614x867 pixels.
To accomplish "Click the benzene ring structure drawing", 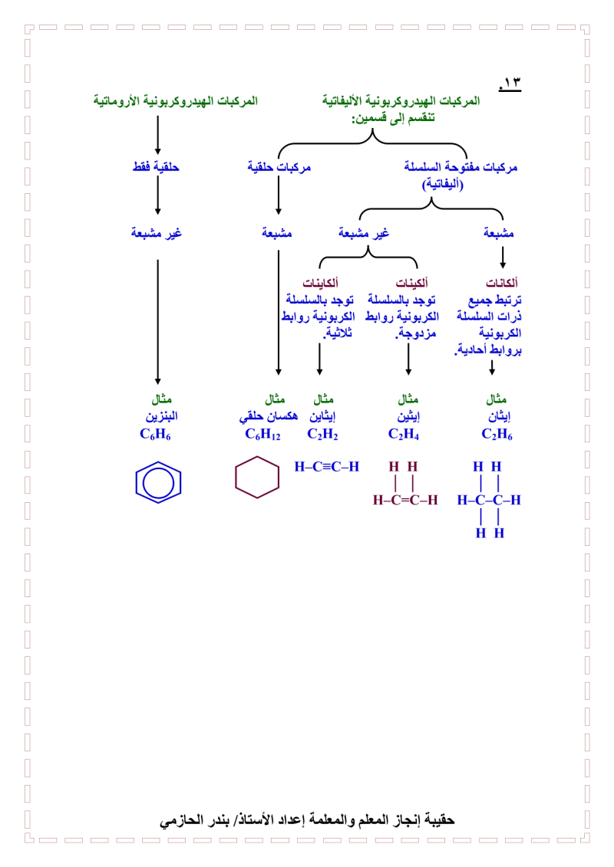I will (158, 481).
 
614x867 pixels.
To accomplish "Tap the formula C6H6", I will (155, 435).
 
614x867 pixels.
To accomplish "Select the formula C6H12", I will (262, 435).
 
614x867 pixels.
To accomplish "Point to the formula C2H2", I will (322, 435).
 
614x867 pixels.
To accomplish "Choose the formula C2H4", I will (404, 435).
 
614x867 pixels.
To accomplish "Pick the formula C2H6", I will (497, 435).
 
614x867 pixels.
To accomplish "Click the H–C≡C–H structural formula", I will (327, 466).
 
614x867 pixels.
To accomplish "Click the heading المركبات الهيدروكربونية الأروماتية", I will (176, 101).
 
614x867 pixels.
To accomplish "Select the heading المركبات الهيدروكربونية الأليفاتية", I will (401, 101).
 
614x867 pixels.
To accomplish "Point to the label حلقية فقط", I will (157, 166).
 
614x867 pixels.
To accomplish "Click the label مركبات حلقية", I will (279, 166).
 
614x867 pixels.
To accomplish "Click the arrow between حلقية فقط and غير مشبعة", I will (157, 197).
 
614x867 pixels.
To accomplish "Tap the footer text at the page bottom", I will (307, 820).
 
